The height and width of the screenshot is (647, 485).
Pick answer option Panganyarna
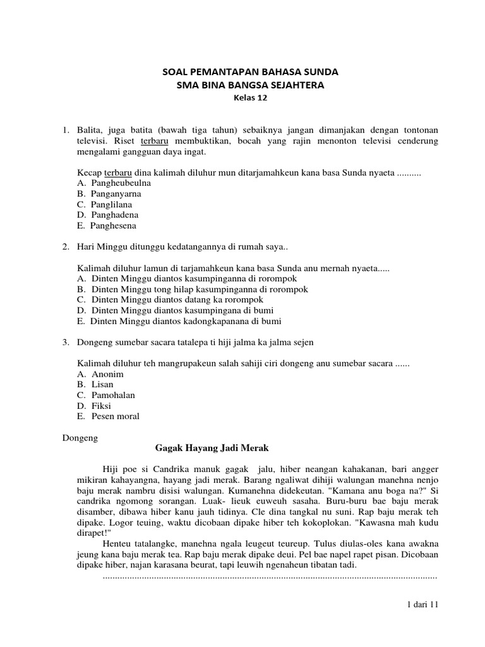click(x=116, y=193)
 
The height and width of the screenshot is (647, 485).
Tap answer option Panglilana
click(x=111, y=204)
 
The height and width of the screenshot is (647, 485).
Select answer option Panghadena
click(x=114, y=215)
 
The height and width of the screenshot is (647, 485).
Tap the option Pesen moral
click(x=115, y=416)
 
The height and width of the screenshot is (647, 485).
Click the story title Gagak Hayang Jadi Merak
click(x=212, y=448)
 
